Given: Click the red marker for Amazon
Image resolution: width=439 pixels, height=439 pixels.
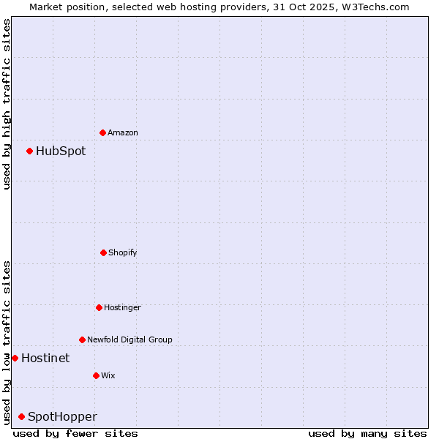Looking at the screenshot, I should coord(102,132).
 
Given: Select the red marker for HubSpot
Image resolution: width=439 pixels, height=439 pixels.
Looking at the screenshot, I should coord(29,151).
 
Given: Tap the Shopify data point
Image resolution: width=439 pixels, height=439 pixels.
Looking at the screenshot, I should coord(103,252).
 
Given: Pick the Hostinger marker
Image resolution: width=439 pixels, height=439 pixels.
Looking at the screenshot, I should coord(99,307).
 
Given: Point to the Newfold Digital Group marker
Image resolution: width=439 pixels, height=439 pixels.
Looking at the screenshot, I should coord(82,339).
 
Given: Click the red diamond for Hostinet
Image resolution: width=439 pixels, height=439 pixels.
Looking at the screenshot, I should coord(15,358).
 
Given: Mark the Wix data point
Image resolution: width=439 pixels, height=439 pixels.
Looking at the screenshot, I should coord(96,375).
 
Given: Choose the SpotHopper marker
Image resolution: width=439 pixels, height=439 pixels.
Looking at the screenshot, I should coord(21,416).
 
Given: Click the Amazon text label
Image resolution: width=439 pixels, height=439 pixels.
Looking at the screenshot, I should coord(123,132).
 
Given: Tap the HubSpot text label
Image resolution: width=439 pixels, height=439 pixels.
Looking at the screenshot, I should coord(61,151).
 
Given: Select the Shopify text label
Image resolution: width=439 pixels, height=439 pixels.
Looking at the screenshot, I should coord(123,252).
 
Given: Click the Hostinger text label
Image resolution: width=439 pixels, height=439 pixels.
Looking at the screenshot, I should coord(122,307).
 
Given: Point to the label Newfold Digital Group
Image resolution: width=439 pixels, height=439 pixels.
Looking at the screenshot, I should coord(130,339).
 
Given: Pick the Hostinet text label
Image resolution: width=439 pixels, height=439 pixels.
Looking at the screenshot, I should coord(45,358).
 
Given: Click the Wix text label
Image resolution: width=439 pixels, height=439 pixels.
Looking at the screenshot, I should coord(108,375).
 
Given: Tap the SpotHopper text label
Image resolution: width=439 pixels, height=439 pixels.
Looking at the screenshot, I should coord(62,416).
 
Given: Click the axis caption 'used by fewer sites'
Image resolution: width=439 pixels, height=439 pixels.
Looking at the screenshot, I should coord(75,433).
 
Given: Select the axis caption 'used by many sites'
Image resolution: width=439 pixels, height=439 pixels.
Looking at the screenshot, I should coord(367,433).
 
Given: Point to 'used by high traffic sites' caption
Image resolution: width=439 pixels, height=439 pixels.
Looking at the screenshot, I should coord(7,104).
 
